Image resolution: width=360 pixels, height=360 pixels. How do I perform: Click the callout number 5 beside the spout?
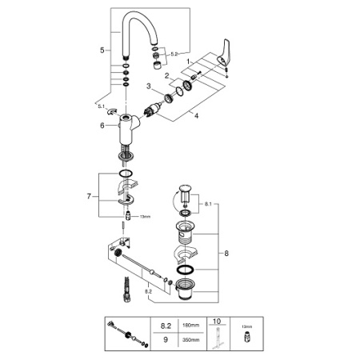102,50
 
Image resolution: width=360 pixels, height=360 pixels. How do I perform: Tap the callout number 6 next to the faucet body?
102,125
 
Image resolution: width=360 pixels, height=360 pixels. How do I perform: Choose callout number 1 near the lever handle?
188,61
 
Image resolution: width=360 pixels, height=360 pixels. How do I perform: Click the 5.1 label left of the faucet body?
100,105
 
